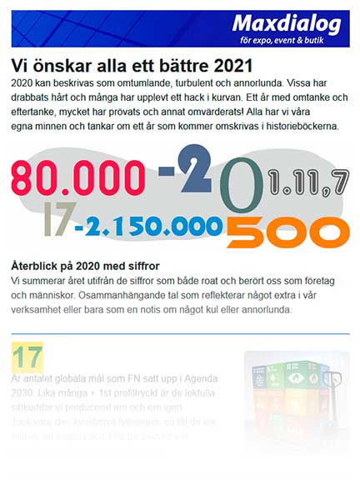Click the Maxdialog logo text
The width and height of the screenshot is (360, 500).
pyautogui.click(x=286, y=23)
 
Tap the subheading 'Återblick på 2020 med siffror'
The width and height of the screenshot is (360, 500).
pyautogui.click(x=92, y=264)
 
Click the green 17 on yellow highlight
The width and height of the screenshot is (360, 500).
pyautogui.click(x=27, y=357)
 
